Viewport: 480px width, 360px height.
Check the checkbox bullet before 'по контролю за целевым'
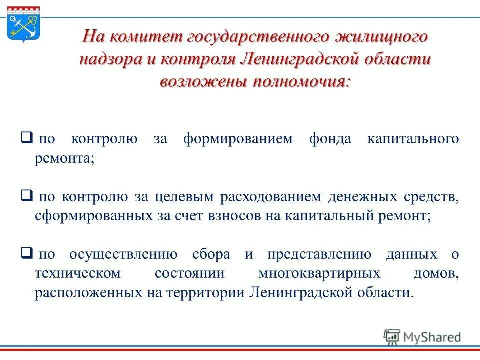coord(27,195)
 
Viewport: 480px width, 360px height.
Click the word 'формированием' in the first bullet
coord(237,138)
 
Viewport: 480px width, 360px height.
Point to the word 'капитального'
coord(413,138)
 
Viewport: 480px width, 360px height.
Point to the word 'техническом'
coord(78,273)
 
